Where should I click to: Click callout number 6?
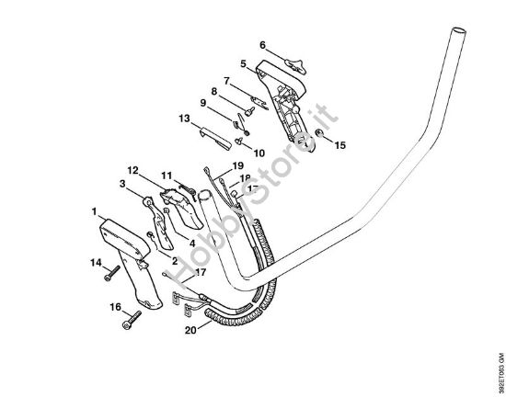(262, 44)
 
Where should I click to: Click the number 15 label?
(340, 145)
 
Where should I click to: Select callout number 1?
(95, 212)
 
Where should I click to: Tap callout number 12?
(132, 170)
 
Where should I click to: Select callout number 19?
(224, 165)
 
